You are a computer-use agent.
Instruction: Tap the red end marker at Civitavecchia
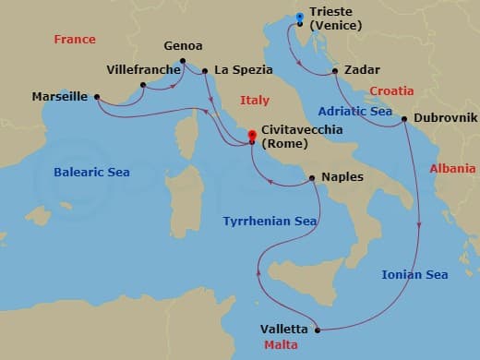click(x=252, y=137)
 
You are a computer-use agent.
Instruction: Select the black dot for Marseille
click(x=97, y=96)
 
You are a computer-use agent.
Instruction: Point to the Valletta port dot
click(x=318, y=330)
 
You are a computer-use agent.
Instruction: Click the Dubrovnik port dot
click(x=404, y=119)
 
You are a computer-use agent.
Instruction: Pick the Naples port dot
click(x=312, y=177)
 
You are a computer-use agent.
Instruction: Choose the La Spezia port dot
click(x=205, y=70)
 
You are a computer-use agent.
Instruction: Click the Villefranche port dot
click(x=142, y=86)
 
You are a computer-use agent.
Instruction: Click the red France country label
click(x=75, y=40)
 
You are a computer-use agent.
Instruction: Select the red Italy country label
click(x=254, y=100)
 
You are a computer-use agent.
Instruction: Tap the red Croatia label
click(x=391, y=90)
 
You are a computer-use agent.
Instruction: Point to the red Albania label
click(x=452, y=168)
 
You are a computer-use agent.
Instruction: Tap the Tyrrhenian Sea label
click(x=270, y=222)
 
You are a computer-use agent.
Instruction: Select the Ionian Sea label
click(x=414, y=274)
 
